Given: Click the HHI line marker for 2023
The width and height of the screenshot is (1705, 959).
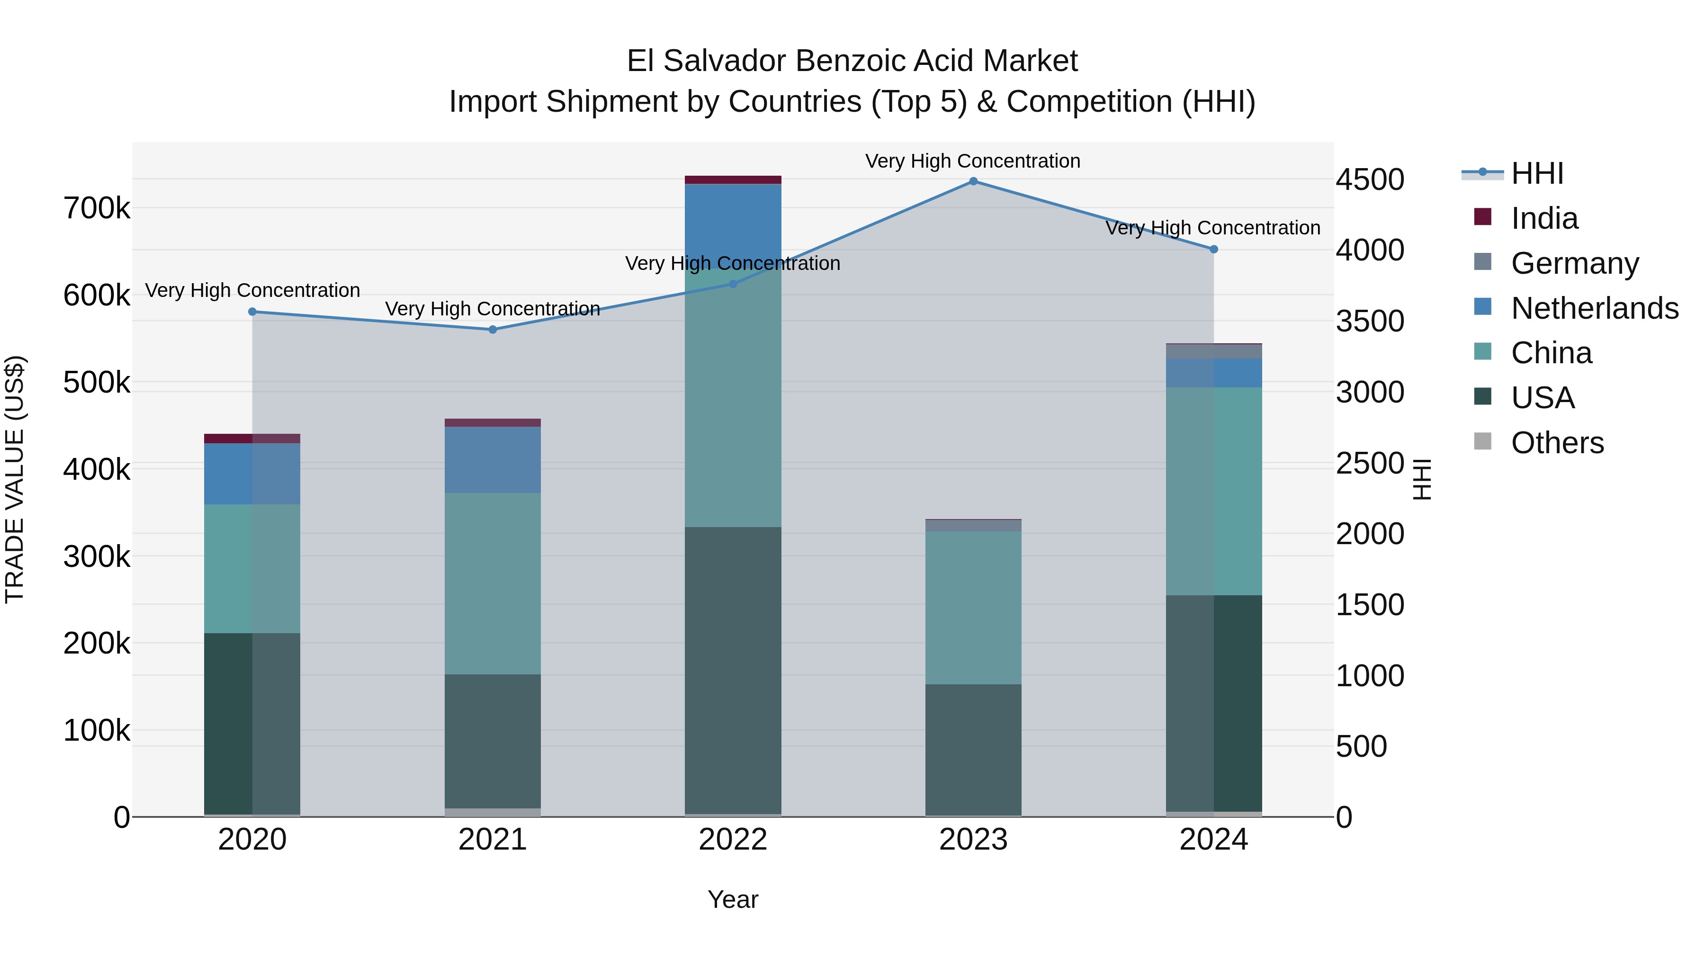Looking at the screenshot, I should [973, 181].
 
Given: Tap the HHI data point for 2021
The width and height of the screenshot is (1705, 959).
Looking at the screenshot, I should [493, 330].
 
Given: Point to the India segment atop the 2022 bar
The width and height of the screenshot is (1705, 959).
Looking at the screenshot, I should [733, 180].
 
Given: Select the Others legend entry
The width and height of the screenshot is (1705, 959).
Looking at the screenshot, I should [1557, 443].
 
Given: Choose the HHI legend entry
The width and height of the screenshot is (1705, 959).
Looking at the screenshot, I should [1537, 173].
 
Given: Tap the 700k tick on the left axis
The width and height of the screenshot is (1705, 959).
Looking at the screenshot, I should [97, 208].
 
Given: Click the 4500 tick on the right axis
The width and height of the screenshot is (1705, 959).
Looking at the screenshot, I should [1369, 179].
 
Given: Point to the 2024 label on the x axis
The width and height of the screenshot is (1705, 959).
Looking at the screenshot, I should [1213, 840].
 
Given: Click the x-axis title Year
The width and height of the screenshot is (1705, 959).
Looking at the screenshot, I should [733, 899].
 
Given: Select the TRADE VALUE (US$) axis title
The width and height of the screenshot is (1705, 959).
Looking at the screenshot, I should [15, 479].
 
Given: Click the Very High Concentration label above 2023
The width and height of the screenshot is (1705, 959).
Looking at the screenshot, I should [972, 161].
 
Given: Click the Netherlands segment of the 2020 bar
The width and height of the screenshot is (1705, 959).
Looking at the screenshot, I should [252, 474].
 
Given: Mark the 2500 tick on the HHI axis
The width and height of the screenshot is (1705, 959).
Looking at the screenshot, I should [1369, 463].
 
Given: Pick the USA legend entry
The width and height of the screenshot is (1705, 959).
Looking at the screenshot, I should [1542, 398].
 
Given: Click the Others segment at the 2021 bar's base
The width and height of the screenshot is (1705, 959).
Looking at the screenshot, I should [493, 812].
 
